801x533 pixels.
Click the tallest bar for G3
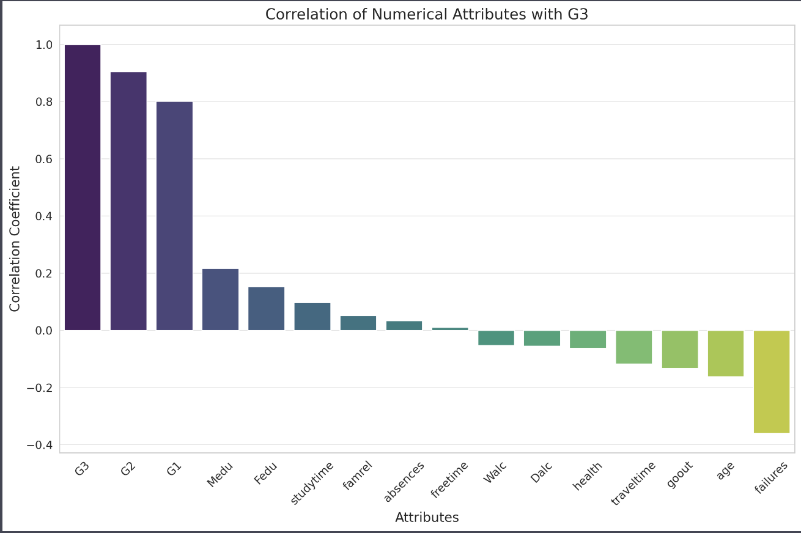[x=83, y=188]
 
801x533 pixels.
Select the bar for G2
[x=128, y=201]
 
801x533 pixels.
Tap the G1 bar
[x=174, y=216]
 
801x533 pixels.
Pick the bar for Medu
[x=220, y=300]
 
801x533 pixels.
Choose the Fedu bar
[x=267, y=309]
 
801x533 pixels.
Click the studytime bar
[x=312, y=317]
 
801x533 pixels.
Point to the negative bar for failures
[x=772, y=382]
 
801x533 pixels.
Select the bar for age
[x=726, y=353]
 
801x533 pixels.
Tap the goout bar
[x=680, y=349]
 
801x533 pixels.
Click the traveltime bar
[x=633, y=347]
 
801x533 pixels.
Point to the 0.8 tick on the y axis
[x=44, y=102]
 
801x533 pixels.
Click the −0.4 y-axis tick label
[x=40, y=445]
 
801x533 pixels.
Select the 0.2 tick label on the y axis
[x=44, y=273]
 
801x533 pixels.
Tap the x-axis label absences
[x=404, y=482]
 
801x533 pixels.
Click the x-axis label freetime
[x=449, y=480]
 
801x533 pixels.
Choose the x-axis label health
[x=587, y=476]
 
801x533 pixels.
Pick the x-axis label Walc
[x=495, y=472]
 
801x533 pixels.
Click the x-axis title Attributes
[x=427, y=517]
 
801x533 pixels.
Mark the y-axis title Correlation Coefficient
[x=15, y=239]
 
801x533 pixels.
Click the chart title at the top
[x=427, y=14]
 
